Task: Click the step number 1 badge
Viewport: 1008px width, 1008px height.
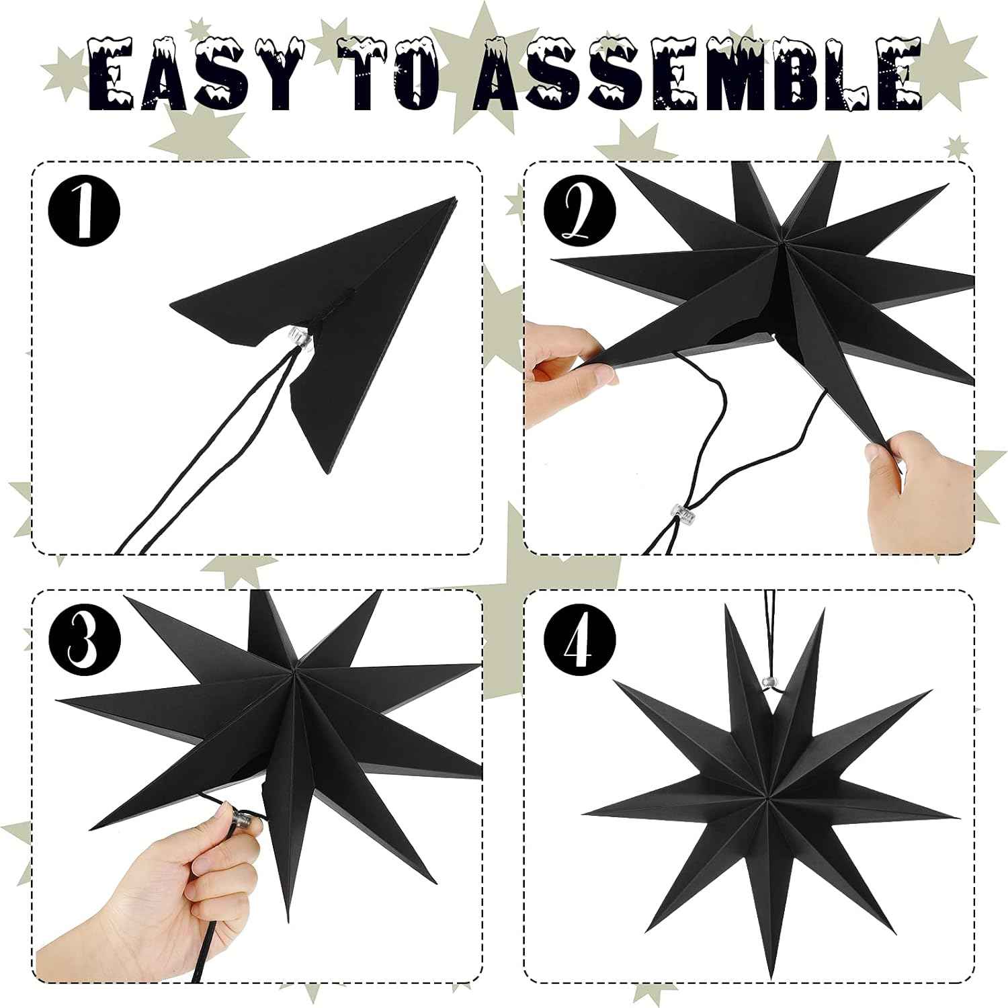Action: coord(83,210)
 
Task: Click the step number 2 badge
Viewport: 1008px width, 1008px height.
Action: coord(580,210)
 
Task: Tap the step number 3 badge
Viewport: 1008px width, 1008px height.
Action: coord(83,639)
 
